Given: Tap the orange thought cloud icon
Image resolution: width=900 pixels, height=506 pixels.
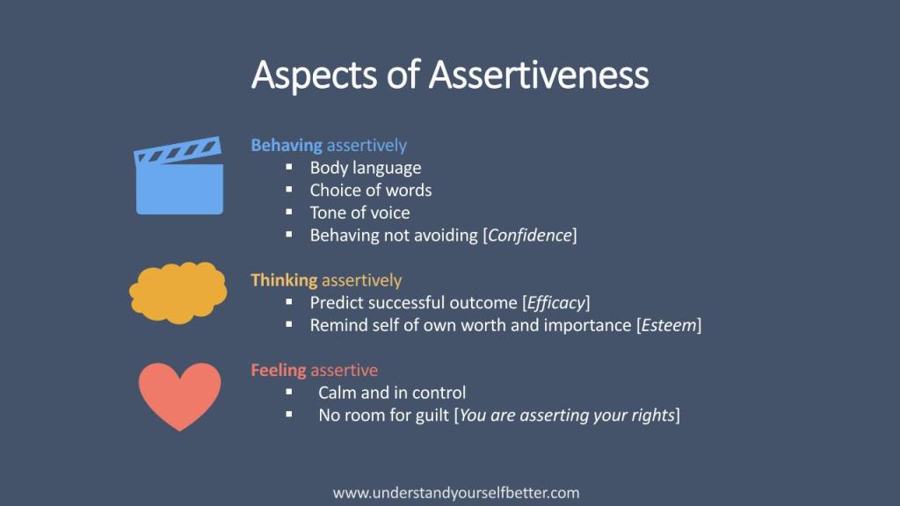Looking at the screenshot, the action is click(178, 292).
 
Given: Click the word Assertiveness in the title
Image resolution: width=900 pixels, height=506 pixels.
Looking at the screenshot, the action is click(539, 76).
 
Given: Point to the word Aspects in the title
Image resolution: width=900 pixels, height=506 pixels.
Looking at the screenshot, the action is click(315, 76).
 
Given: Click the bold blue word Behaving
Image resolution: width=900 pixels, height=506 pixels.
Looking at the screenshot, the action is click(287, 146).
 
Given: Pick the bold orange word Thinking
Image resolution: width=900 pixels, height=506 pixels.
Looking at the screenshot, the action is click(284, 280).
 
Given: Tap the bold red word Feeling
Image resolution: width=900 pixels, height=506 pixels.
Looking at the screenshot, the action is click(279, 371).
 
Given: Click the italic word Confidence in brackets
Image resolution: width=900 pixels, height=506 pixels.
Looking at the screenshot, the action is click(530, 235).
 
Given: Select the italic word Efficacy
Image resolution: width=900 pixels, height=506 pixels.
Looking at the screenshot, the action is click(555, 303).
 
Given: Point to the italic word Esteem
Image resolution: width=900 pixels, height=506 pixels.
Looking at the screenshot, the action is click(669, 325).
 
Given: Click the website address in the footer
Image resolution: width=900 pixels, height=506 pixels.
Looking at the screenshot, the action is click(456, 493).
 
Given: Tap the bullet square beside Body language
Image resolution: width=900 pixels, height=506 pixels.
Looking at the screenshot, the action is click(288, 167).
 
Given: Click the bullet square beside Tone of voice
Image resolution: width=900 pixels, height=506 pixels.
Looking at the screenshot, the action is click(288, 212).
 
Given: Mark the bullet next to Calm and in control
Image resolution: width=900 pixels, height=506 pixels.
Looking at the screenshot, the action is click(288, 392).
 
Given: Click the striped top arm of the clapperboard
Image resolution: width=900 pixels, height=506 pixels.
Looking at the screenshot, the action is click(178, 150).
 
